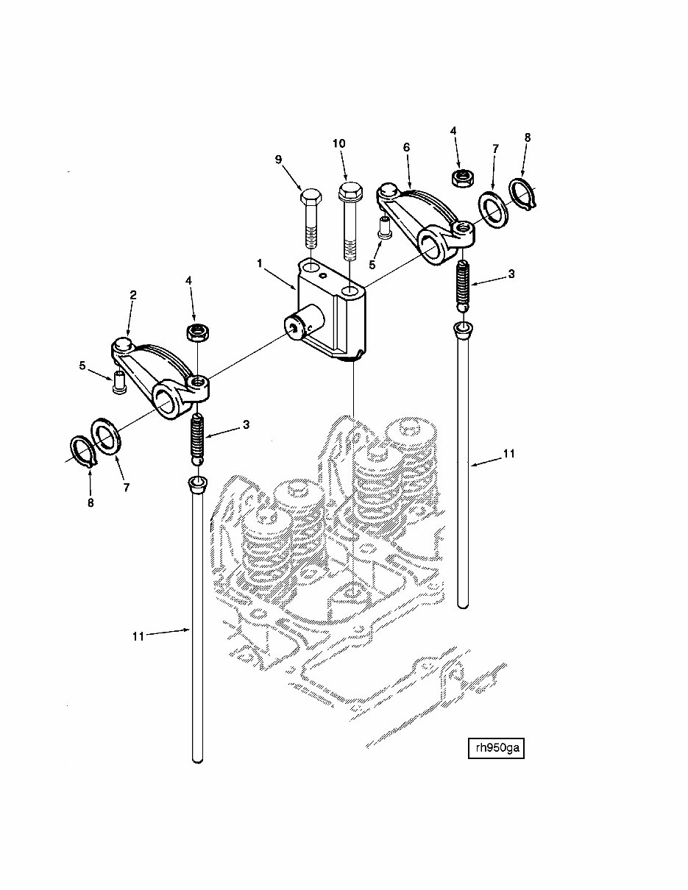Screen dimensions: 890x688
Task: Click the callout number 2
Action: (x=133, y=295)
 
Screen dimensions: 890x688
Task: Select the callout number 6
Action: (x=405, y=147)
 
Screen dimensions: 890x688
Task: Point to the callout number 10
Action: (x=339, y=143)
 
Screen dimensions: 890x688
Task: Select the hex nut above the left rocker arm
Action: (x=196, y=333)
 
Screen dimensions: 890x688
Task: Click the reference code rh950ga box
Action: (x=496, y=748)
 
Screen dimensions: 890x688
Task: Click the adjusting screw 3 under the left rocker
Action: (x=198, y=438)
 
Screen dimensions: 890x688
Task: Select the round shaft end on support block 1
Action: (x=299, y=327)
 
